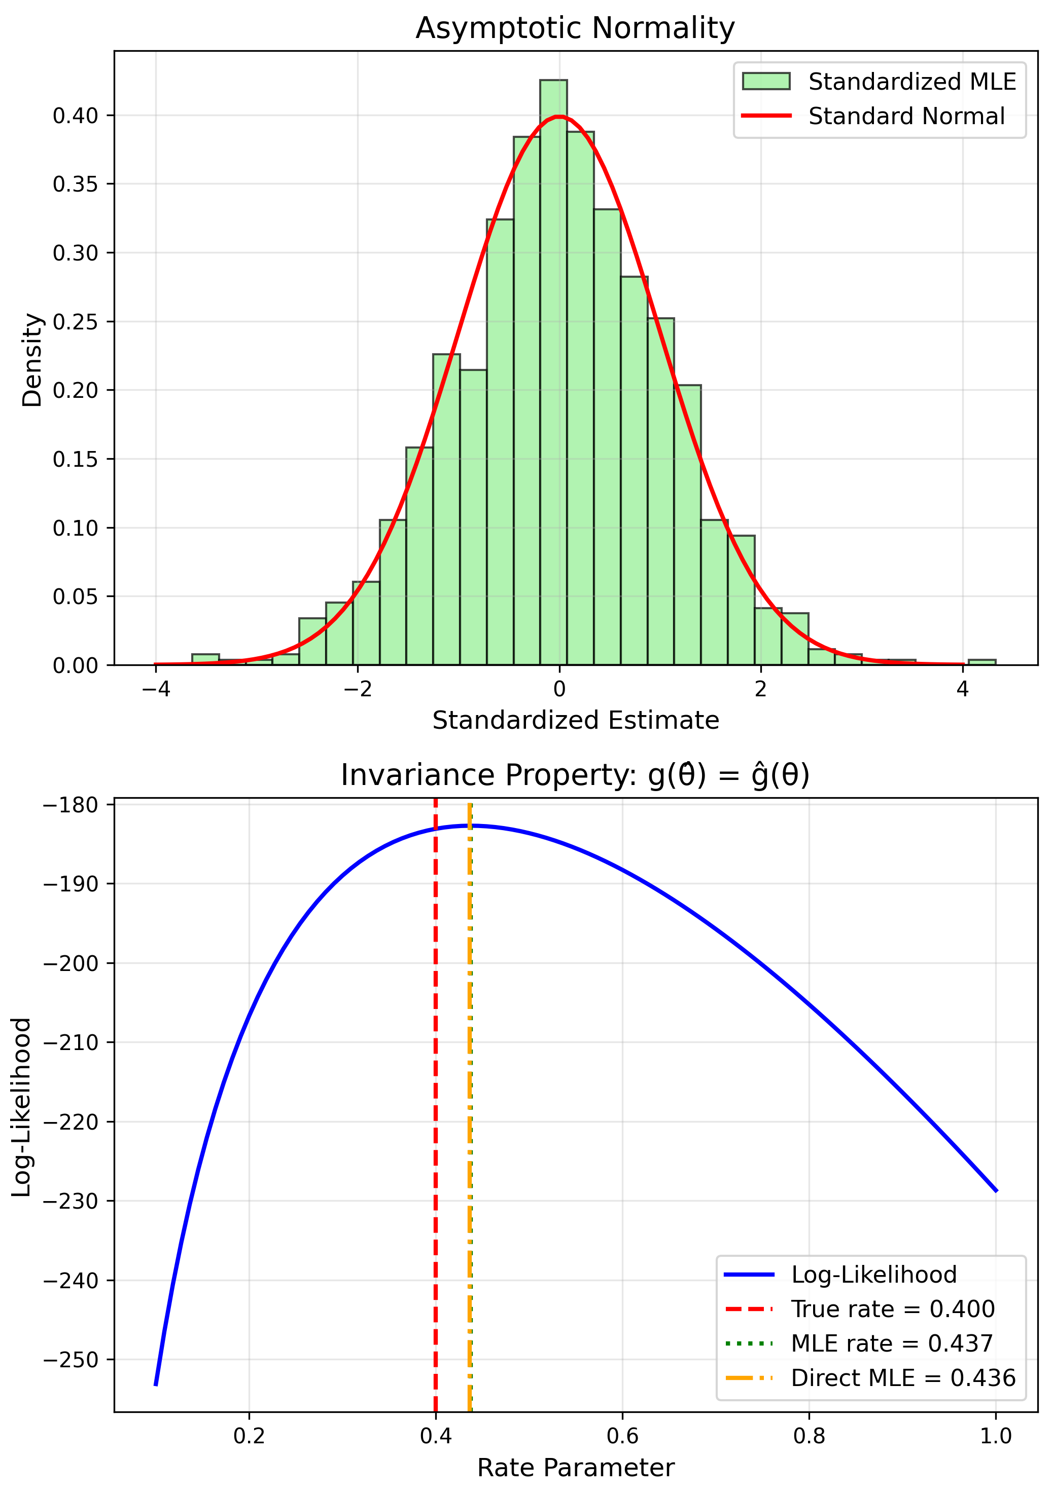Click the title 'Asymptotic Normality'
click(x=575, y=29)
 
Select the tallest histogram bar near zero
click(x=553, y=371)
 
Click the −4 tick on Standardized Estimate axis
click(x=155, y=689)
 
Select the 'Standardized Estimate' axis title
click(x=575, y=721)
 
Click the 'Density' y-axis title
click(x=31, y=360)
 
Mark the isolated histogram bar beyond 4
click(x=981, y=662)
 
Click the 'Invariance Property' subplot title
click(x=575, y=775)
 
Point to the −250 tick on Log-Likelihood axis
click(x=71, y=1359)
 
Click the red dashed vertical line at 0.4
click(x=436, y=1108)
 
